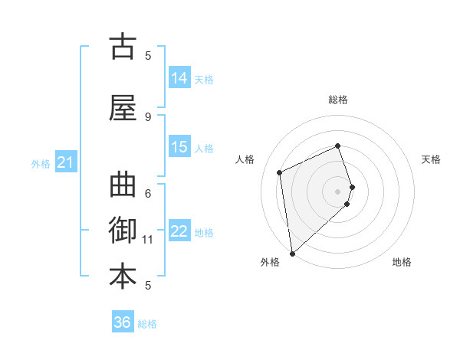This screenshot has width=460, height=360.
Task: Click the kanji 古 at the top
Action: tap(123, 47)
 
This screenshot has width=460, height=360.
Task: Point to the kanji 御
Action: tap(123, 231)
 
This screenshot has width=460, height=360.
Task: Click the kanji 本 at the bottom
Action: tap(123, 277)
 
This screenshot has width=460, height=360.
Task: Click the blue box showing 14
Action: tap(179, 77)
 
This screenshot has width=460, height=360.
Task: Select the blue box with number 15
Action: tap(179, 146)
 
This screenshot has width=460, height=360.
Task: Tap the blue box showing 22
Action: tap(179, 231)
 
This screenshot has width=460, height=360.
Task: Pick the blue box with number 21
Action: tap(65, 162)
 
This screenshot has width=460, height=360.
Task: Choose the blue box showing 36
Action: tap(123, 322)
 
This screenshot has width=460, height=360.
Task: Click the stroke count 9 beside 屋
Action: tap(148, 116)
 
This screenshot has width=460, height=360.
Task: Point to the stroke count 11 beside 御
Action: tap(148, 240)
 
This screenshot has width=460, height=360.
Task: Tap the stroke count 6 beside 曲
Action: tap(148, 193)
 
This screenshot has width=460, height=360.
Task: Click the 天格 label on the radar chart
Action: tap(431, 159)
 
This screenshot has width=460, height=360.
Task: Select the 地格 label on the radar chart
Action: tap(402, 262)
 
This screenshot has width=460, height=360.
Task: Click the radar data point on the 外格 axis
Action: tap(292, 252)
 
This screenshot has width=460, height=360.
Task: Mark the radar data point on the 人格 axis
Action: tap(280, 172)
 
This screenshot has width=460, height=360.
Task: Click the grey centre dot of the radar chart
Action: tap(338, 191)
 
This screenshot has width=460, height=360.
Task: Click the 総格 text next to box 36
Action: tap(147, 324)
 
